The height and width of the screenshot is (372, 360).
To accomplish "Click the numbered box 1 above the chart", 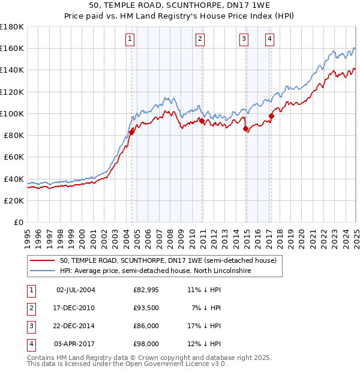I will click(130, 40).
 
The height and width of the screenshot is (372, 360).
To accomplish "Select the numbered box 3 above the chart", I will click(244, 40).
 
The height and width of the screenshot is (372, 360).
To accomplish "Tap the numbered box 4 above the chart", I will click(270, 40).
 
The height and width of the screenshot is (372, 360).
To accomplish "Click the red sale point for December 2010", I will click(202, 121).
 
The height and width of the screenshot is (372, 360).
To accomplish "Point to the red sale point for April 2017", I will click(271, 116).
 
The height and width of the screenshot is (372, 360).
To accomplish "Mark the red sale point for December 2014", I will click(245, 129).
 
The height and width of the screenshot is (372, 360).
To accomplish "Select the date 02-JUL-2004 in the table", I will click(76, 290).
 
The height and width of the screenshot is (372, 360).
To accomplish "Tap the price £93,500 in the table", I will click(146, 308).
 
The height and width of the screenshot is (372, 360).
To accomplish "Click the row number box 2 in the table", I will click(31, 308).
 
